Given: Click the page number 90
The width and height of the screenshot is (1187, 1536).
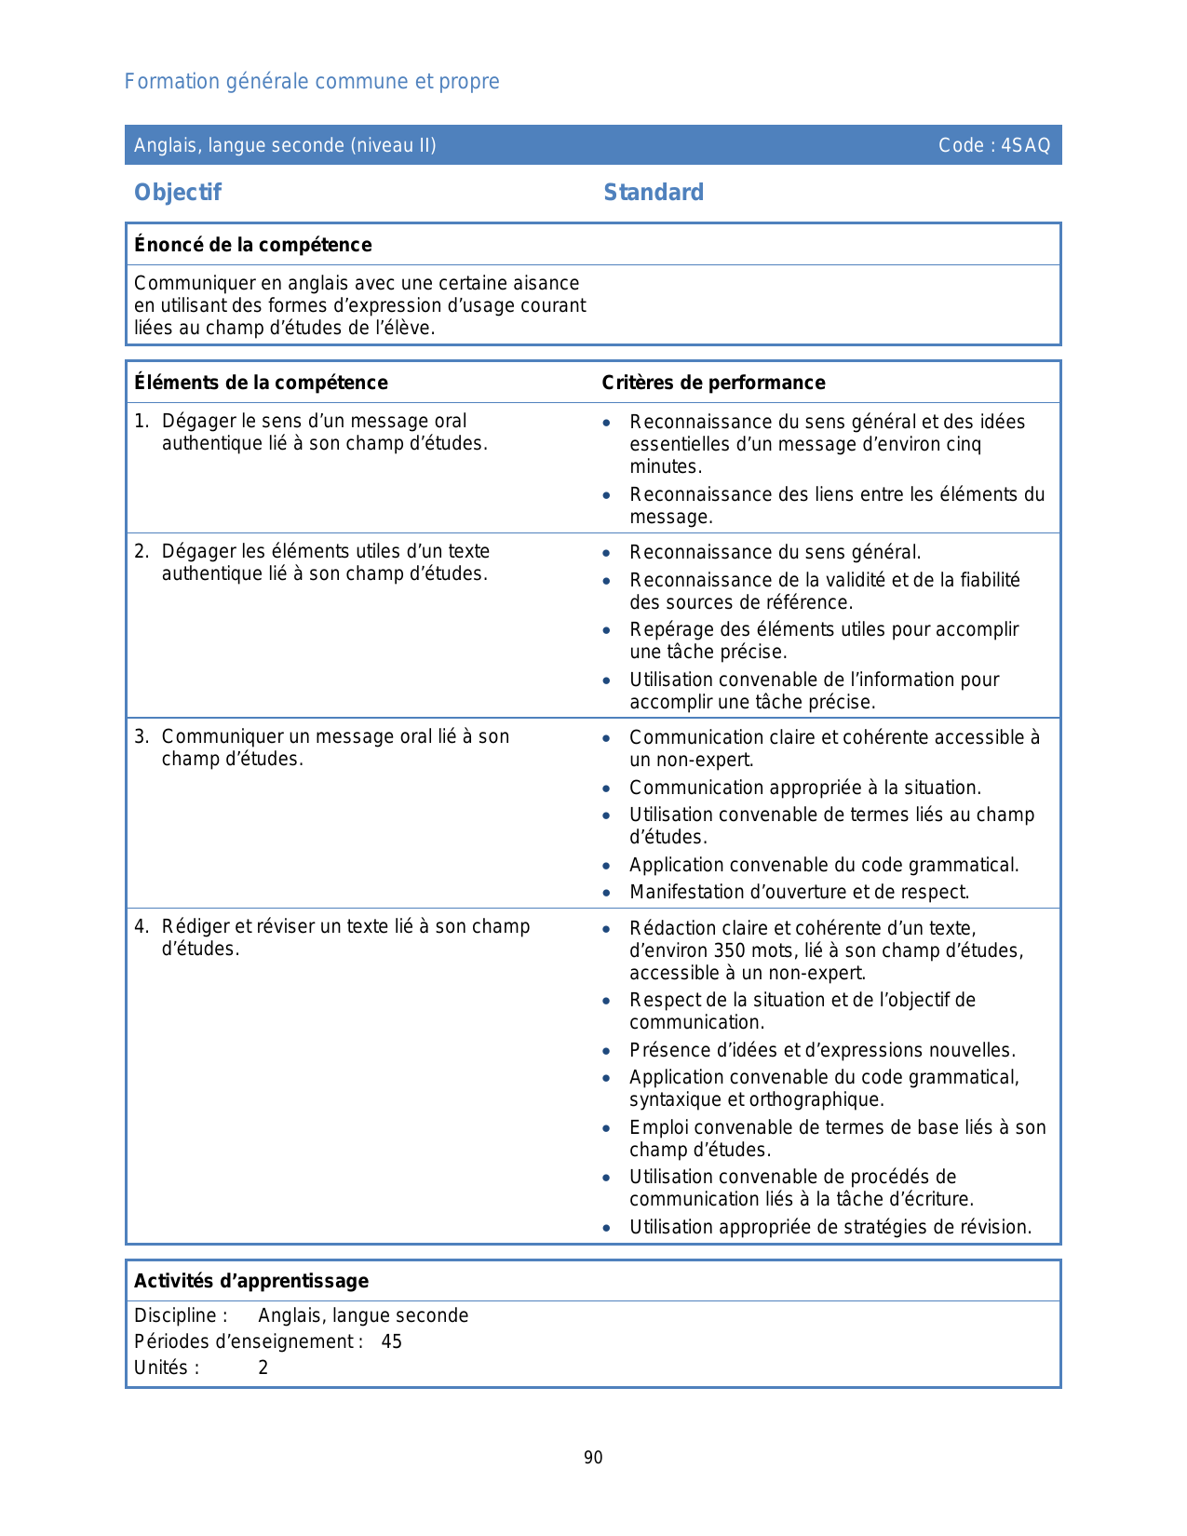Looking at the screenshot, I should (x=593, y=1458).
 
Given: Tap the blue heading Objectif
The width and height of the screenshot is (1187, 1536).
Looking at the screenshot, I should (x=178, y=193).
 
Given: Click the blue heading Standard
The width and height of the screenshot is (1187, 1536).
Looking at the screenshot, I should (x=654, y=193).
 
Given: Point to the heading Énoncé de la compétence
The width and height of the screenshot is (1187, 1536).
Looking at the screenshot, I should (x=252, y=245).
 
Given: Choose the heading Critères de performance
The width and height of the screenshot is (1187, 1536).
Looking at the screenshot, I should (x=713, y=383).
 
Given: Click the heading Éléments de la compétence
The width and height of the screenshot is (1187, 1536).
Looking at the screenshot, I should (x=261, y=383).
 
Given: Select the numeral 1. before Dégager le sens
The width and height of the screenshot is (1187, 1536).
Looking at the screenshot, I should (x=141, y=422).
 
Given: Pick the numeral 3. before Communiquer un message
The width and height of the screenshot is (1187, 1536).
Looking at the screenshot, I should (x=141, y=737).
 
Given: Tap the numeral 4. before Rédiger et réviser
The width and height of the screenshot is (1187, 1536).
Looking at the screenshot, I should (x=141, y=927).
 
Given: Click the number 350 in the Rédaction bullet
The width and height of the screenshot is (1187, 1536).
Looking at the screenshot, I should (x=729, y=950).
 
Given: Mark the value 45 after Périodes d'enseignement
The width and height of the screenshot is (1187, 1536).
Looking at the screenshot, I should (x=392, y=1341).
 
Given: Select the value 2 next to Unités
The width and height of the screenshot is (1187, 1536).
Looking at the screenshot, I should (x=263, y=1368).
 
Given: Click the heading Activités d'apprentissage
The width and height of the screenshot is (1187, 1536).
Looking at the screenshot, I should (x=251, y=1281).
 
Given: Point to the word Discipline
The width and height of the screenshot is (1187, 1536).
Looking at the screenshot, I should (x=177, y=1315).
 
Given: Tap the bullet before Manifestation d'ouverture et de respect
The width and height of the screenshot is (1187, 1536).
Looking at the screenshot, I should (x=607, y=893).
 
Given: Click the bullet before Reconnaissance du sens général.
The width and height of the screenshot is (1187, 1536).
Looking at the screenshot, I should (x=607, y=553).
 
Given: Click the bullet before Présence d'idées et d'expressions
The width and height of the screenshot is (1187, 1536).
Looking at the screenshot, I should (x=607, y=1051).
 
